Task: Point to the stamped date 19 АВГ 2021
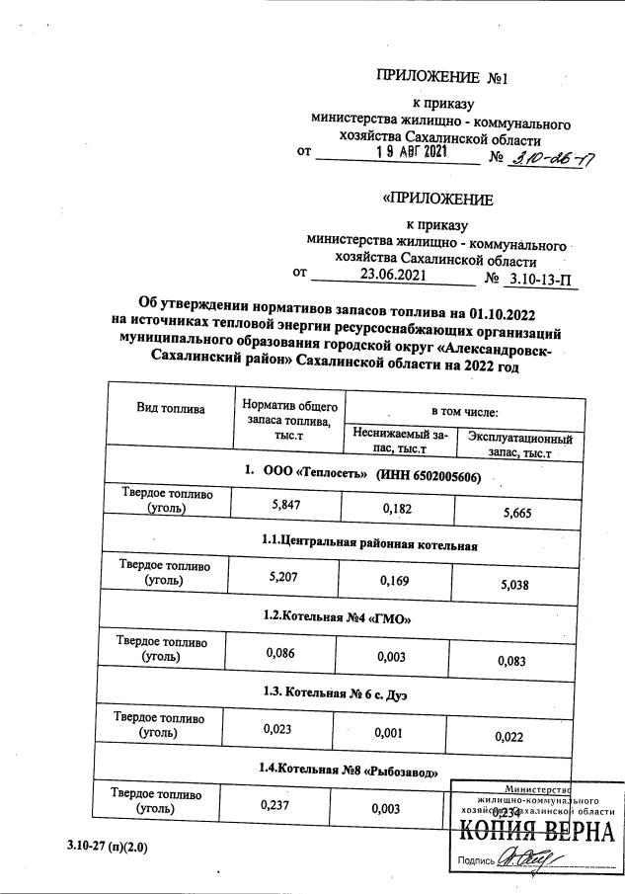pos(413,153)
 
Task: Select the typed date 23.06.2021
pos(394,276)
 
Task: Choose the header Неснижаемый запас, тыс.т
pos(399,442)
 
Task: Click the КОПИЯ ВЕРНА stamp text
pos(536,830)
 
